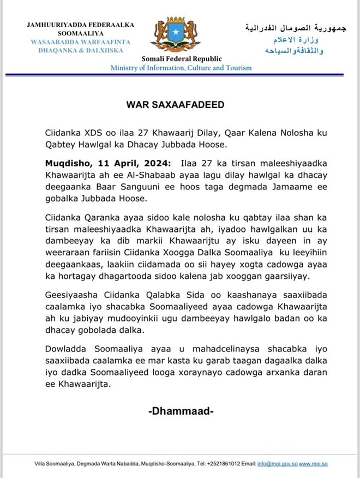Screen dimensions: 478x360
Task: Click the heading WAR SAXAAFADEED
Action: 179,104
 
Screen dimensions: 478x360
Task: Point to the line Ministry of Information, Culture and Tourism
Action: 181,68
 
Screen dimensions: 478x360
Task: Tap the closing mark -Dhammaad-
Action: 180,411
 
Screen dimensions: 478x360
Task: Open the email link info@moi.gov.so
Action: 277,464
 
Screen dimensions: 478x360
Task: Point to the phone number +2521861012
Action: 223,464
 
